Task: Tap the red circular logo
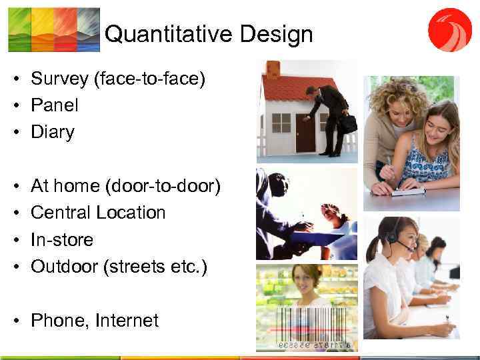click(449, 30)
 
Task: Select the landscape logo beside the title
click(53, 29)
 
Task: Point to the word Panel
click(55, 105)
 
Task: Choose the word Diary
click(53, 132)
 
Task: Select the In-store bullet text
click(62, 239)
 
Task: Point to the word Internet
click(127, 321)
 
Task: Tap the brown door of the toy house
click(306, 133)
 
